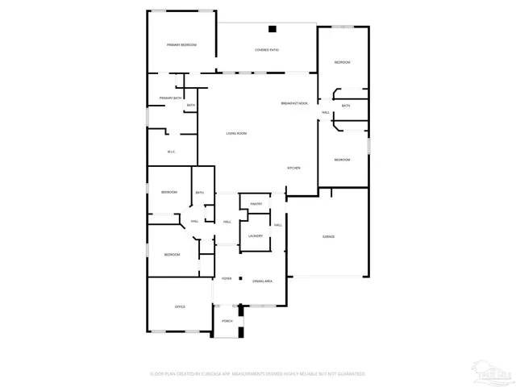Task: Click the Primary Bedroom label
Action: coord(181,44)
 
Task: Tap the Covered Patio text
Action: coord(267,50)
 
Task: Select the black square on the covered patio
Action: coord(273,30)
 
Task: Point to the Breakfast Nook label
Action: coord(294,103)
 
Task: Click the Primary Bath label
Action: coord(170,98)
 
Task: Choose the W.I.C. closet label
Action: coord(171,152)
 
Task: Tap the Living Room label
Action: coord(236,133)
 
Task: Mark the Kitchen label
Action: coord(294,167)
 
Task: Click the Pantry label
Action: coord(256,204)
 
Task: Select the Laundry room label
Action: coord(256,235)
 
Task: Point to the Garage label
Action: coord(328,236)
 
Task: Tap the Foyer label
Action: coord(227,278)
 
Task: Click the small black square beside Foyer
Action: coord(239,278)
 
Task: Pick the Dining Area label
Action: coord(262,281)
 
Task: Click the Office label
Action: coord(181,306)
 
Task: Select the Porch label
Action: coord(227,321)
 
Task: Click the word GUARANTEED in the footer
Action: coord(349,374)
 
